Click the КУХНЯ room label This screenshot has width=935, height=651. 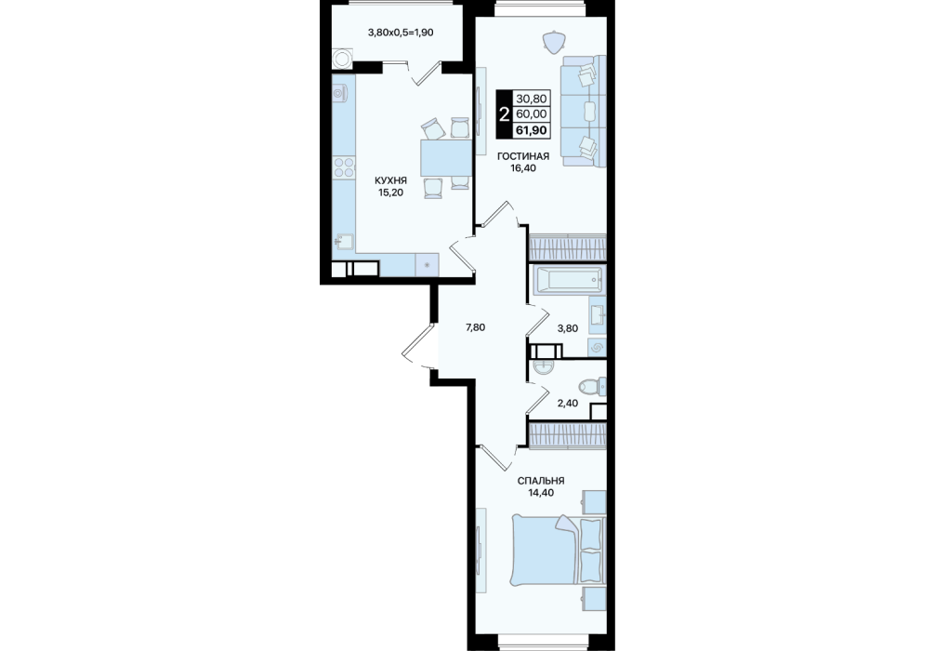tap(390, 179)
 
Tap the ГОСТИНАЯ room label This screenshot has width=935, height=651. tap(523, 156)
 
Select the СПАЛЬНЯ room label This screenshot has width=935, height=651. tap(541, 481)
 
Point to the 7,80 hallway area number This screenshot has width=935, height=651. tap(475, 327)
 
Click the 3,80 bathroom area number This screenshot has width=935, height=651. tap(567, 327)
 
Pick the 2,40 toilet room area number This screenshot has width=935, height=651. tap(567, 403)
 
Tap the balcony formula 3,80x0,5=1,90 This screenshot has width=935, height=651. tap(401, 33)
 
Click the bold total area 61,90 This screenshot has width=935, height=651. tap(532, 130)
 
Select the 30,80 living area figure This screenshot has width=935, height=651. tap(532, 99)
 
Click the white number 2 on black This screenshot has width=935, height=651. tap(505, 114)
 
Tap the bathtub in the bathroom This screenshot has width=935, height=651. tap(567, 281)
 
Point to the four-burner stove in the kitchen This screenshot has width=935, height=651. tap(343, 167)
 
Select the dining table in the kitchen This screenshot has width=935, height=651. tap(446, 157)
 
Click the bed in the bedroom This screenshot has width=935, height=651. tap(559, 550)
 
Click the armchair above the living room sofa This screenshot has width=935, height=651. tap(553, 41)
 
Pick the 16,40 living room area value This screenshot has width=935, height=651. tap(523, 168)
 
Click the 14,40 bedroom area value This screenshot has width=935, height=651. tap(541, 493)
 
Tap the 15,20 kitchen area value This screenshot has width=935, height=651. tap(390, 193)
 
